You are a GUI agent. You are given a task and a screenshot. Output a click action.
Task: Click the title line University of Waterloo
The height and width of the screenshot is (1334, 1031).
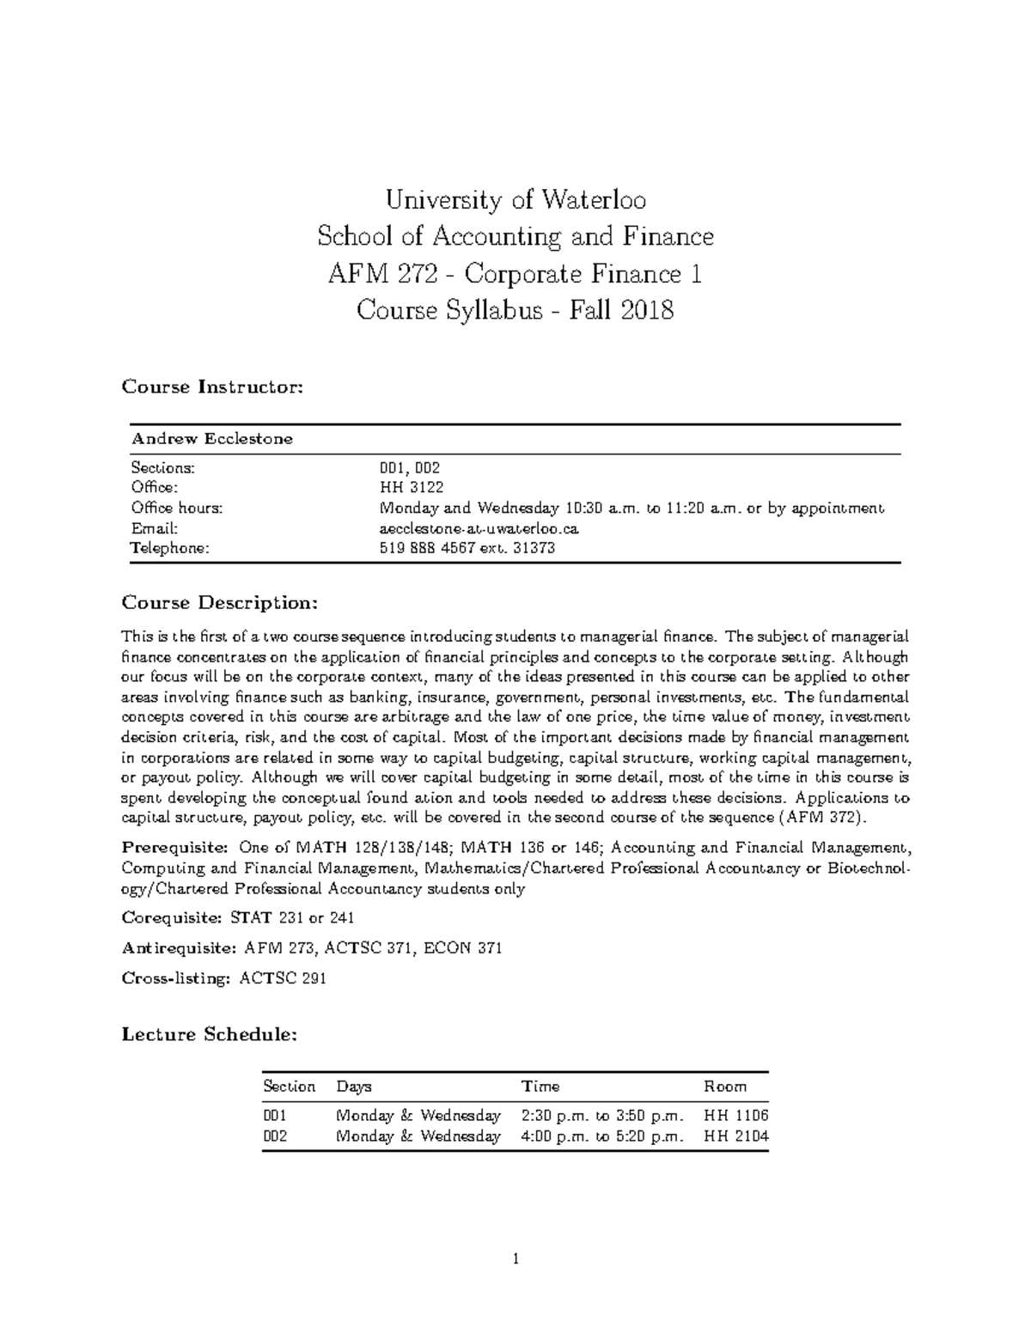tap(515, 201)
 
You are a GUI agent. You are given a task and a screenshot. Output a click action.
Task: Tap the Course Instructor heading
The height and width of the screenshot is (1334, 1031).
tap(212, 387)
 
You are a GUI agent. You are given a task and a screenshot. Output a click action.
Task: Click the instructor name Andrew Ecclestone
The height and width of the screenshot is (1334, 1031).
tap(211, 439)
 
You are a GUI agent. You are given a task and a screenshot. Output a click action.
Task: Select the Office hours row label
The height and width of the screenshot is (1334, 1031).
tap(176, 508)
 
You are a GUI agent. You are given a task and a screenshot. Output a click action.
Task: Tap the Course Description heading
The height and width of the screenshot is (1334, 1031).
tap(220, 603)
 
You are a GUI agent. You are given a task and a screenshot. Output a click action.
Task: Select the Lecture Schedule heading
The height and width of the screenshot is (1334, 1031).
tap(210, 1034)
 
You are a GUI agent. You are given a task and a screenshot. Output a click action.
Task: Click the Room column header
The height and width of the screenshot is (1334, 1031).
tap(725, 1087)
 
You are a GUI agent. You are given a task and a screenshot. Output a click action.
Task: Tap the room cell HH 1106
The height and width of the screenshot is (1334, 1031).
tap(735, 1116)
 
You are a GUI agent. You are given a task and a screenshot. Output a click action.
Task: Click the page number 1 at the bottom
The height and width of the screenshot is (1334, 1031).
tap(515, 1261)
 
